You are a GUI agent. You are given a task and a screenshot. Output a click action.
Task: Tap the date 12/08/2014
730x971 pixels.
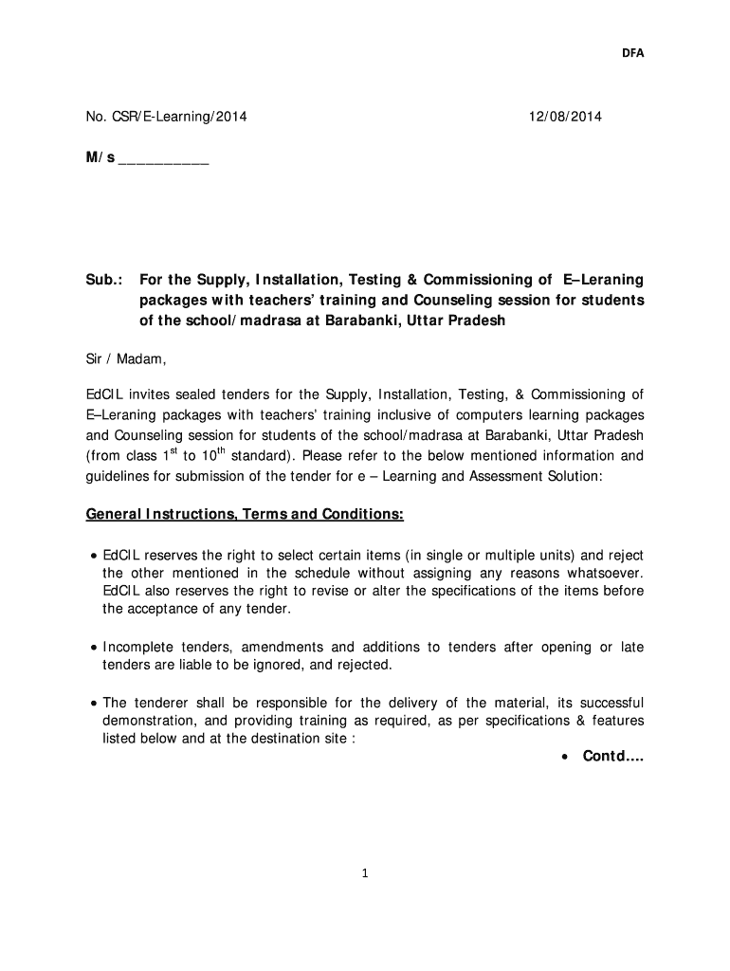pos(565,118)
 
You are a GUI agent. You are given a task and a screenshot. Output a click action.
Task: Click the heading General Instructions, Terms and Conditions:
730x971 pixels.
pos(245,515)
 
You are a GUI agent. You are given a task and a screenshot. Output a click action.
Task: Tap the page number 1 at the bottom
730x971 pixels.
pos(365,873)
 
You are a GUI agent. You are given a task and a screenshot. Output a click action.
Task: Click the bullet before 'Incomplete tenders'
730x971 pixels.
pos(94,648)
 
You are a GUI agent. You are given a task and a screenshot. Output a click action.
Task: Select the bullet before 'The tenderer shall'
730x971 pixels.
pos(94,704)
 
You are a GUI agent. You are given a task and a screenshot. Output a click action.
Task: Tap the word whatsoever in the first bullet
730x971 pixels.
pos(605,573)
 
